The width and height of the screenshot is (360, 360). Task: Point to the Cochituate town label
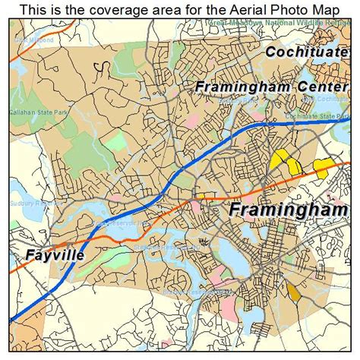coord(307,52)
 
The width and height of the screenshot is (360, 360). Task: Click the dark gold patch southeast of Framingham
coord(293,291)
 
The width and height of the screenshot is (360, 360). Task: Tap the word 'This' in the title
coord(34,10)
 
